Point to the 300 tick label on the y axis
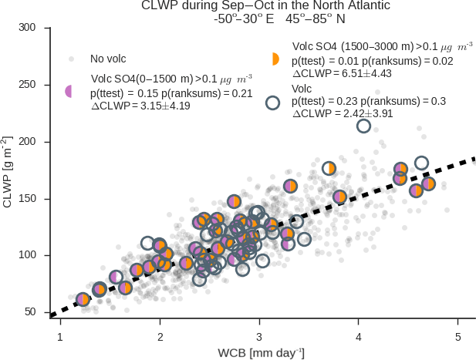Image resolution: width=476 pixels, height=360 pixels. pos(28,29)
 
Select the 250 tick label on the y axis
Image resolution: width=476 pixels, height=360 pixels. pos(28,85)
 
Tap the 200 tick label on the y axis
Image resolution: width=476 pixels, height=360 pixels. pos(28,142)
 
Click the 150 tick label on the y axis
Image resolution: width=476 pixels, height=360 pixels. pos(28,198)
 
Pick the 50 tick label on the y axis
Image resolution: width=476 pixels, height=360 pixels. pos(31,311)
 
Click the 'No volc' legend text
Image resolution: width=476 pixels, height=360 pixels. pos(108,59)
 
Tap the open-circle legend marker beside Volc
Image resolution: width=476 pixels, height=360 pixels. pos(272,102)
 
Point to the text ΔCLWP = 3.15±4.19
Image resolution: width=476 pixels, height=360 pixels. pos(140,106)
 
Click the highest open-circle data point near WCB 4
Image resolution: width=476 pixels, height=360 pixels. pos(363,126)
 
